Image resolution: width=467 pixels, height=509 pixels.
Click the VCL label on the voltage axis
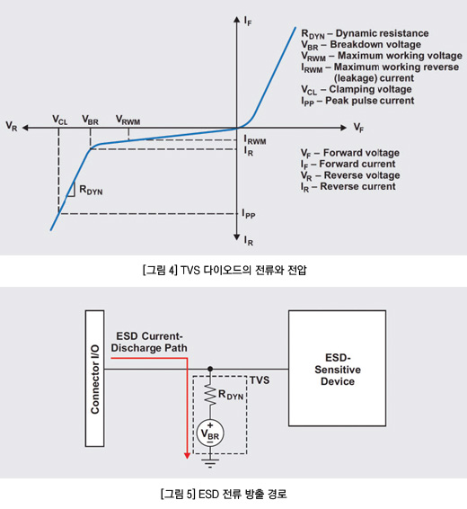tap(60, 121)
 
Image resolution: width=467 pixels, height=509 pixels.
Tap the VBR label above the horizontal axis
tap(90, 121)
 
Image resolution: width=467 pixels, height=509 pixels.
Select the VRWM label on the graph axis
tap(128, 121)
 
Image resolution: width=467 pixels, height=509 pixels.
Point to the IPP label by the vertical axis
tap(249, 214)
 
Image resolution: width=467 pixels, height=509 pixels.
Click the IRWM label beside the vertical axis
tap(255, 140)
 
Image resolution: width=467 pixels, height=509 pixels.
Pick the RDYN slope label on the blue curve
tap(91, 190)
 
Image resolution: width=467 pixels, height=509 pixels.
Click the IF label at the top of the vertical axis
tap(248, 21)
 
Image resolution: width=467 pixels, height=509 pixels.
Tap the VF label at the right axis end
tap(358, 128)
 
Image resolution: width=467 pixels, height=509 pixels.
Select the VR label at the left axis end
tap(12, 126)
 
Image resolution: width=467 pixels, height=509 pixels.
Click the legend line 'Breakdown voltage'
tap(361, 45)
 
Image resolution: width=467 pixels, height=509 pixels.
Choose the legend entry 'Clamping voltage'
tap(357, 90)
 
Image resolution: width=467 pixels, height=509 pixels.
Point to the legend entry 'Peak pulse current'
tap(357, 101)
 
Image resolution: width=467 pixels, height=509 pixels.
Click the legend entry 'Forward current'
tap(348, 165)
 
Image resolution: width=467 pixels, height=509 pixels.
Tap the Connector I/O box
tap(94, 379)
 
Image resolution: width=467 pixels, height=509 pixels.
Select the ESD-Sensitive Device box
tap(337, 368)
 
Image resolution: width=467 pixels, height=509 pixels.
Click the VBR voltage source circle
tap(210, 433)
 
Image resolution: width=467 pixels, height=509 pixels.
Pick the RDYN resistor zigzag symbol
tap(210, 396)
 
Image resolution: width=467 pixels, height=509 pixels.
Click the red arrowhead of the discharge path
tap(187, 455)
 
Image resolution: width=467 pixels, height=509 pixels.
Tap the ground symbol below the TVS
tap(210, 462)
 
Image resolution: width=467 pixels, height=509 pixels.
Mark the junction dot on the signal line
tap(210, 369)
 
